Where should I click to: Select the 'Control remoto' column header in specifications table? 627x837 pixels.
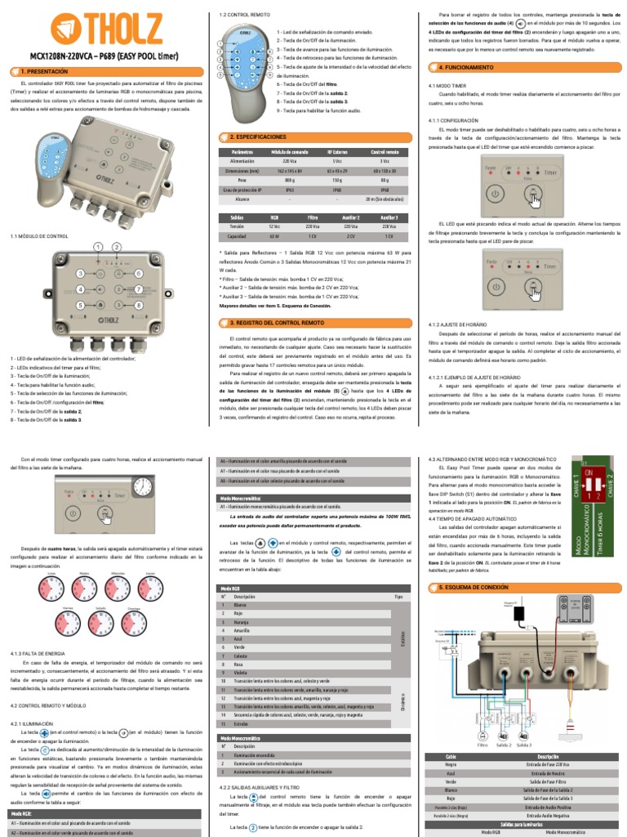pyautogui.click(x=385, y=152)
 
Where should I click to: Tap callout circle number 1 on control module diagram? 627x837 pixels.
pyautogui.click(x=98, y=246)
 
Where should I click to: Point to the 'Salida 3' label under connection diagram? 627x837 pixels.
pyautogui.click(x=524, y=745)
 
